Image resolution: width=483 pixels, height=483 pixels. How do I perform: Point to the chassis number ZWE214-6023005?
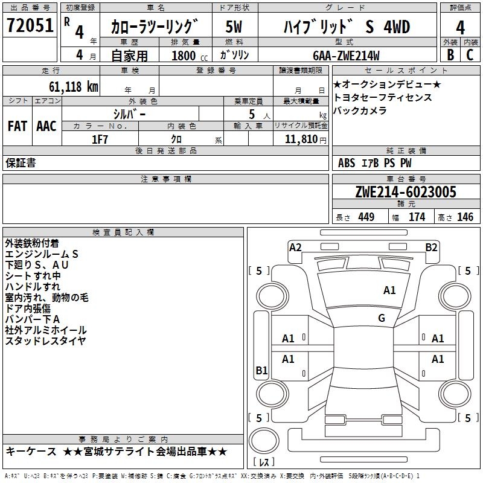click(x=406, y=192)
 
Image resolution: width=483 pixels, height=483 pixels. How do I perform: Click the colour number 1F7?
click(x=100, y=139)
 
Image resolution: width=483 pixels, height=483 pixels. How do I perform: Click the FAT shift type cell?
click(x=17, y=126)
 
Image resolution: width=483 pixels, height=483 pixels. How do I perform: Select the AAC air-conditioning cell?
click(x=46, y=126)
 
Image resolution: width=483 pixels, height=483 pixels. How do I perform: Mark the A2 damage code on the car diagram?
click(x=295, y=247)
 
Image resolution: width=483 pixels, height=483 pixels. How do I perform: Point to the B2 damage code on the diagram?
click(x=431, y=247)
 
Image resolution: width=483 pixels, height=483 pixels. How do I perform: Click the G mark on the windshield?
click(x=382, y=318)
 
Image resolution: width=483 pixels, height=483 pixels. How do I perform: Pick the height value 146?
click(x=465, y=217)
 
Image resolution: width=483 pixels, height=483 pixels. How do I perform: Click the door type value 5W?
click(x=234, y=27)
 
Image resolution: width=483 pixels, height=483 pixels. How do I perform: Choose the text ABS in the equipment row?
click(x=347, y=163)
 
